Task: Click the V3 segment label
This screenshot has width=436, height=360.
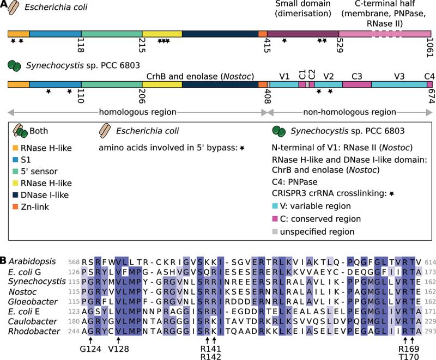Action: click(398, 76)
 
